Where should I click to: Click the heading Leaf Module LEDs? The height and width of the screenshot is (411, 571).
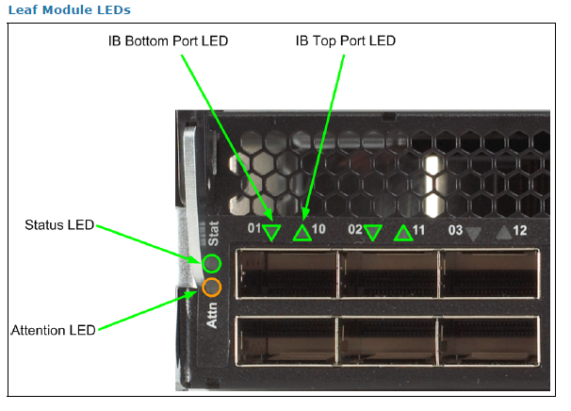click(69, 9)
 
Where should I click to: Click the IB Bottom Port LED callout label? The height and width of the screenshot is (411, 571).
click(170, 41)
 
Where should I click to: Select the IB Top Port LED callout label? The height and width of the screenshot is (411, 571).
click(346, 41)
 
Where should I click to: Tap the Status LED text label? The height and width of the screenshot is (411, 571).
click(59, 225)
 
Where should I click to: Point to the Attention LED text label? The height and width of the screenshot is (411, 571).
click(54, 330)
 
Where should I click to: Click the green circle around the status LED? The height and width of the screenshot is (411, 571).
click(212, 263)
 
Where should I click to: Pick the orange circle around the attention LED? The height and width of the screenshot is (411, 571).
click(212, 288)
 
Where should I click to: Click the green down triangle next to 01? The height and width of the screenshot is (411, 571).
click(272, 232)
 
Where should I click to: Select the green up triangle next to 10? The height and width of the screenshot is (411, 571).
click(302, 232)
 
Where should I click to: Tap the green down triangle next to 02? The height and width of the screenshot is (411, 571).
click(372, 232)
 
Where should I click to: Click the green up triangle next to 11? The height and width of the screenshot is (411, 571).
click(403, 232)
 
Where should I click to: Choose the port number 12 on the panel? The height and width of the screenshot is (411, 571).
click(520, 229)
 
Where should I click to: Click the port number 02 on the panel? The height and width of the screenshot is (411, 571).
click(354, 229)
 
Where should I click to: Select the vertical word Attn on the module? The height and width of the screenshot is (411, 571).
click(213, 318)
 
